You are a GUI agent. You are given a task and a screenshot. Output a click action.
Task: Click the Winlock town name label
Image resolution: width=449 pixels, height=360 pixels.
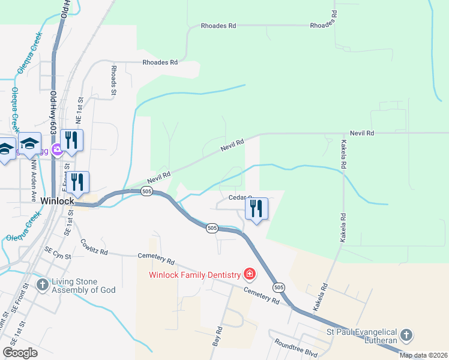pyautogui.click(x=57, y=202)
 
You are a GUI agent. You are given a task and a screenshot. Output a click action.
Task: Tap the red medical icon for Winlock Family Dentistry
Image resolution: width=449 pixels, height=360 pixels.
pyautogui.click(x=249, y=275)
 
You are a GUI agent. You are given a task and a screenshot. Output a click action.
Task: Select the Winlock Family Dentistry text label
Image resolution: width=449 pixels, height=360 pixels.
pyautogui.click(x=193, y=275)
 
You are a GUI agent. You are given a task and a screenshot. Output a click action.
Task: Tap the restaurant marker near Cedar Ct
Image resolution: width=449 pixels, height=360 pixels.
pyautogui.click(x=256, y=209)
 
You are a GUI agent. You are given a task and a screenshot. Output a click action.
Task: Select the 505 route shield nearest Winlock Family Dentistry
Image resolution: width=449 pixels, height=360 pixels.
pyautogui.click(x=278, y=287)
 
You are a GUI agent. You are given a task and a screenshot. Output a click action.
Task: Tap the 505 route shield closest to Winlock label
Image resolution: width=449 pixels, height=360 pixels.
pyautogui.click(x=146, y=191)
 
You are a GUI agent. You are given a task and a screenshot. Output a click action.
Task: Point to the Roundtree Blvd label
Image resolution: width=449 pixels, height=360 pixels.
pyautogui.click(x=297, y=349)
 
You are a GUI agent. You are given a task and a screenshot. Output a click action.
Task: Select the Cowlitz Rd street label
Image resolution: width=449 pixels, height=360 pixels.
pyautogui.click(x=94, y=247)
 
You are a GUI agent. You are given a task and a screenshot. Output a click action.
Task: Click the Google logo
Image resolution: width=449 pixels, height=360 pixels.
pyautogui.click(x=20, y=352)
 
